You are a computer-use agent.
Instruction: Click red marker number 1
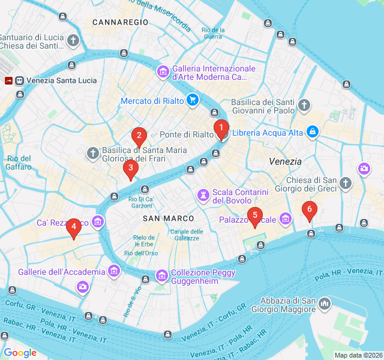(221, 128)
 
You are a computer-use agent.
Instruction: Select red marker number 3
(130, 169)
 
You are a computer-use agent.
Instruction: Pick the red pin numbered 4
(74, 227)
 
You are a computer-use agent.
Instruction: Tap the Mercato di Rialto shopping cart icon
(192, 100)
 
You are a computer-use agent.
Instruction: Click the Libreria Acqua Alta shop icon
(312, 131)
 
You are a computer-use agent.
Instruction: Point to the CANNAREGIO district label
(120, 22)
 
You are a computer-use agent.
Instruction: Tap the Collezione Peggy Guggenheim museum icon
(162, 276)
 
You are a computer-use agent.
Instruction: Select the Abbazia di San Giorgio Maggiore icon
(325, 305)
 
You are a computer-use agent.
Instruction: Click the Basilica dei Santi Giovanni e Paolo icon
(305, 106)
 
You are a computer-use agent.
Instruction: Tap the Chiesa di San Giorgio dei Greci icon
(345, 184)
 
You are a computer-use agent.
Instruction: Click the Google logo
(20, 352)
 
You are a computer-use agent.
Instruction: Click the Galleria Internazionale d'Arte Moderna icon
(163, 73)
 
